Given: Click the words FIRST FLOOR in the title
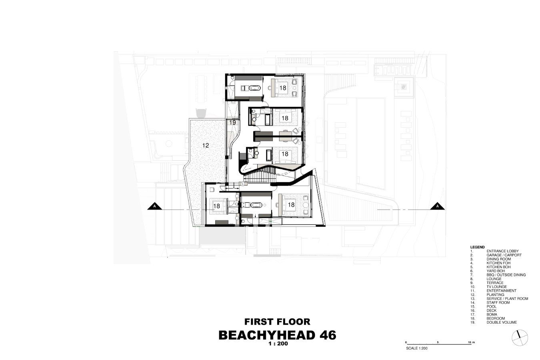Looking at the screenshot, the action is point(277,322).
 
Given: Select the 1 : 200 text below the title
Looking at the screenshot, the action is point(278,344).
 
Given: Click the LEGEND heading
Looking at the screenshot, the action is point(477,247).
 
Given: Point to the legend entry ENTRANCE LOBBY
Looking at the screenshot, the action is point(503,251).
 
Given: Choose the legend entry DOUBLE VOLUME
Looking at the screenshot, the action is point(502,322).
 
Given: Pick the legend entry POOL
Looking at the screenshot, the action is point(492,306).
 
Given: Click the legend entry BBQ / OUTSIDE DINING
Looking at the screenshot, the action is point(506,275).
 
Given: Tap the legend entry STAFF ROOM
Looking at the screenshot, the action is point(498,303).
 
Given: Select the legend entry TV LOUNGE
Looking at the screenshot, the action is point(497,287).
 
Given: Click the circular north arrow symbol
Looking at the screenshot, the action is point(520,338).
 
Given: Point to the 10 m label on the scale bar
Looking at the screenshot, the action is point(471,342).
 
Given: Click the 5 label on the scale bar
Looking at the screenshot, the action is point(438,342).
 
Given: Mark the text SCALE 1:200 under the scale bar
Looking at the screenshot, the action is point(417,348).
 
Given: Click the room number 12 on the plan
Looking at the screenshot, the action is point(206,145).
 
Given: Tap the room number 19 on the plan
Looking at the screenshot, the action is point(233,122).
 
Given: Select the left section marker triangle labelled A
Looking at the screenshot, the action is point(154,206).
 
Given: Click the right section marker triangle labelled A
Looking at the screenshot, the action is point(438,206).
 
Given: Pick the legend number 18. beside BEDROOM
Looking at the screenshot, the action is point(472,318).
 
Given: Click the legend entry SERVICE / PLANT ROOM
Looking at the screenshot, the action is point(508,298).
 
